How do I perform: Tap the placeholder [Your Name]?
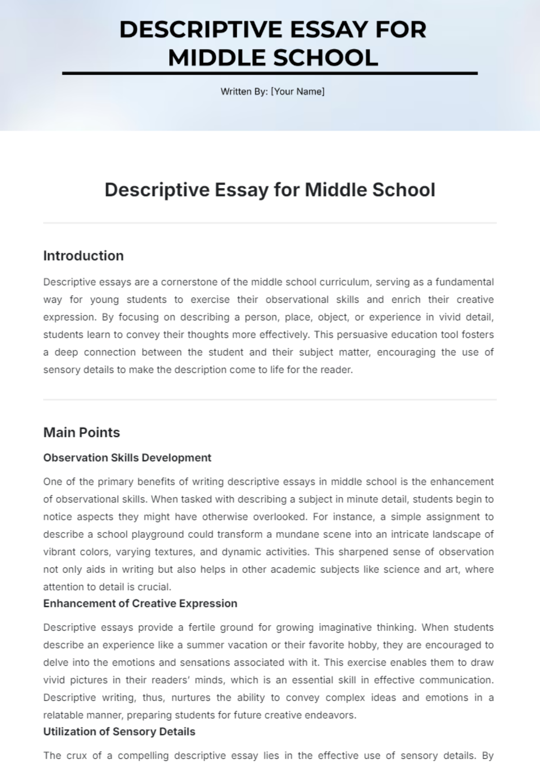point(297,92)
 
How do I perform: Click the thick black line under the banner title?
point(270,73)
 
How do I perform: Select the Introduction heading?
point(83,256)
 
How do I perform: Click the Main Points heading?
point(81,433)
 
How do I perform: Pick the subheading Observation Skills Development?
point(127,458)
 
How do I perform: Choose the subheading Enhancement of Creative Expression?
point(140,604)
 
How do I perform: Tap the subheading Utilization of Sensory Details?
point(119,732)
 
